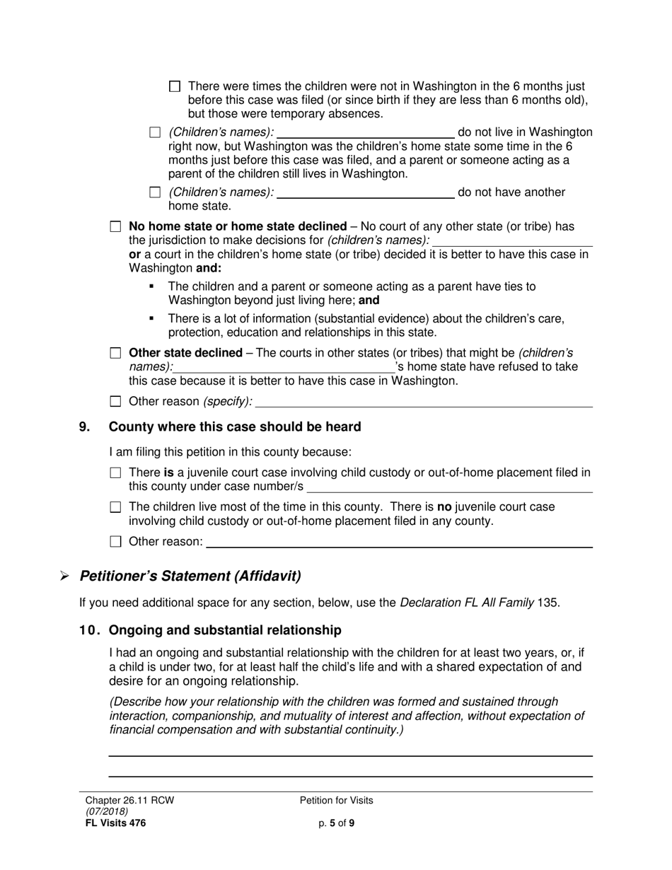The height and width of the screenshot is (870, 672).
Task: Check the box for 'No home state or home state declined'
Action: point(116,227)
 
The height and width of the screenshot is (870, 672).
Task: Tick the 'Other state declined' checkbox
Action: point(116,353)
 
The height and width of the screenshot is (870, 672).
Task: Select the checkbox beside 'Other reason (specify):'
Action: point(116,402)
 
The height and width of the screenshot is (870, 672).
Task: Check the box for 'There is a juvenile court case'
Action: point(116,472)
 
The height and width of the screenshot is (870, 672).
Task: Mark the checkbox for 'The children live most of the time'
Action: point(116,507)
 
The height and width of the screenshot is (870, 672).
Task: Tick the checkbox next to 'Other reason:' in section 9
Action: point(116,543)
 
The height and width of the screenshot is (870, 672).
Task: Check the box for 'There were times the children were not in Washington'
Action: point(175,86)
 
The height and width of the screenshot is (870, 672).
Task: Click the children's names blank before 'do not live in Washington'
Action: point(366,132)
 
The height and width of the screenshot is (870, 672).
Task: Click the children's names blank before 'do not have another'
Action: point(366,192)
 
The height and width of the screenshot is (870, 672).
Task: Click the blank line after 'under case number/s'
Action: point(450,487)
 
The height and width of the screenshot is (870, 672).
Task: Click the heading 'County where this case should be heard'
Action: point(235,427)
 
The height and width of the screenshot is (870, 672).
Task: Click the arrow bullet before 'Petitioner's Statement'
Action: point(64,576)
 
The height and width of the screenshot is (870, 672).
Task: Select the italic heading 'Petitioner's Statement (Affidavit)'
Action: point(190,576)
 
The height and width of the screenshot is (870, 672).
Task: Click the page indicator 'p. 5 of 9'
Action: point(336,823)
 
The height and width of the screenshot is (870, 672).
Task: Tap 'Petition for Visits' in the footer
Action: point(336,801)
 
